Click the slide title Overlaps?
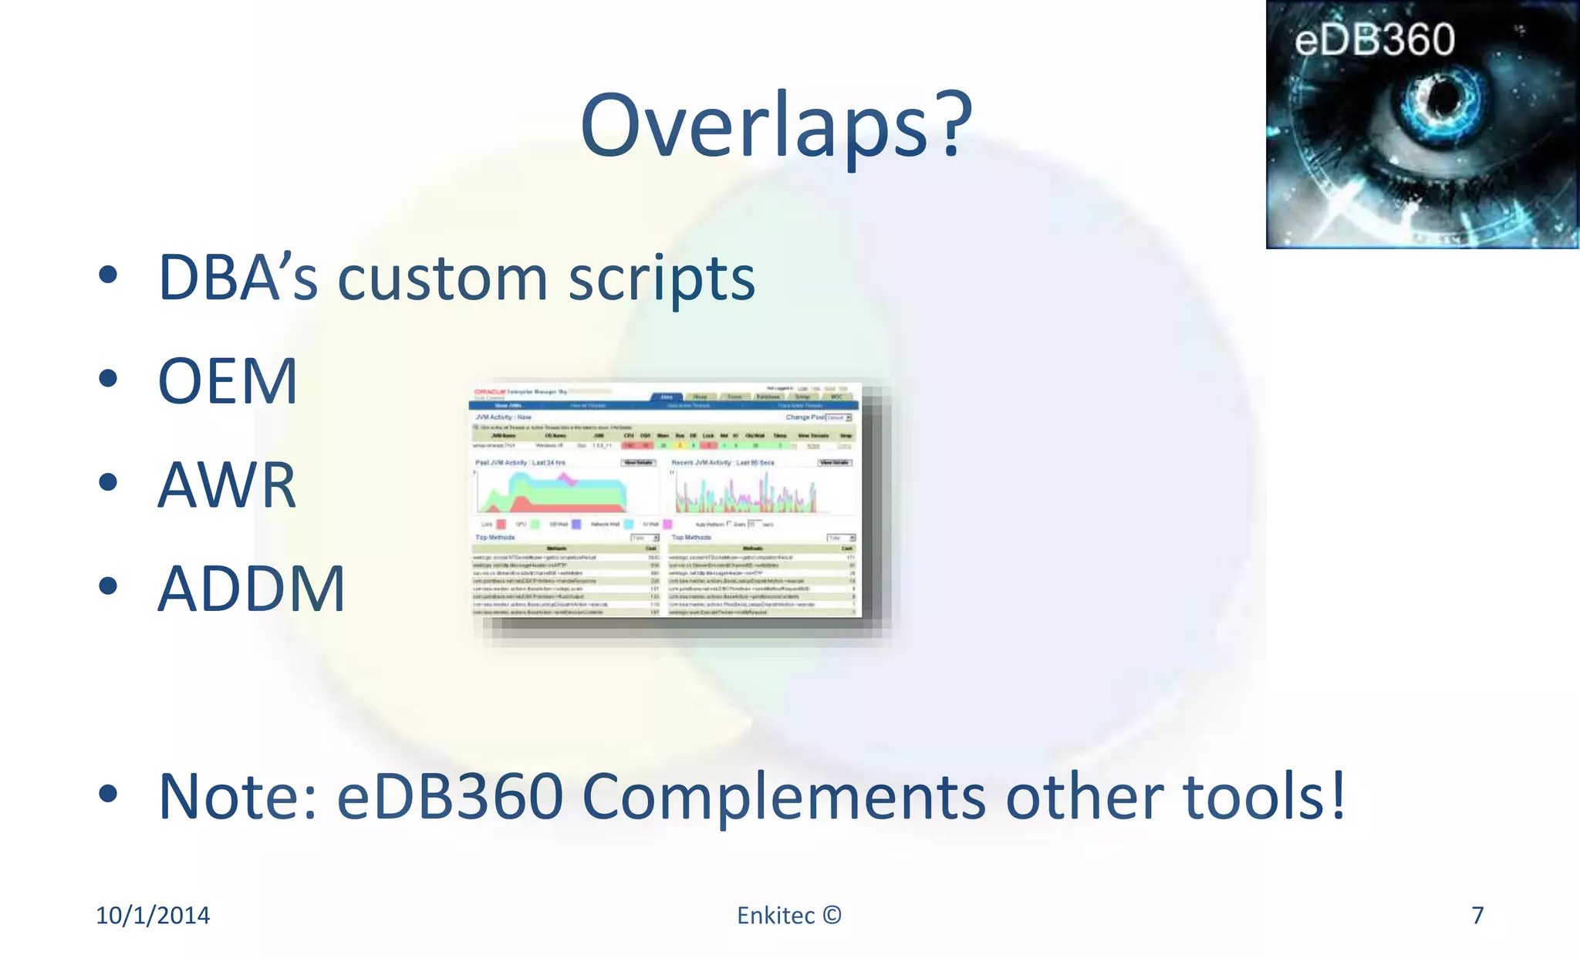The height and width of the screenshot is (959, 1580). [x=775, y=125]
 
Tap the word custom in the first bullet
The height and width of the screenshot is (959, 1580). [x=442, y=279]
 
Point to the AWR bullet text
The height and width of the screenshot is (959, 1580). [x=227, y=485]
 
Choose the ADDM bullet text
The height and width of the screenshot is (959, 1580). [x=252, y=589]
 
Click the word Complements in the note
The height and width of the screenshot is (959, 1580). [x=783, y=798]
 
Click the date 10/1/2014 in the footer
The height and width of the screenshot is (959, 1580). [x=153, y=915]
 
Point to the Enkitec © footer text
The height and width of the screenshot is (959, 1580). [x=788, y=915]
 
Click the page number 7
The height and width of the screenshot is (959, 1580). [x=1477, y=915]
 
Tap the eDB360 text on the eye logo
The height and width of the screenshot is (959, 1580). [x=1374, y=40]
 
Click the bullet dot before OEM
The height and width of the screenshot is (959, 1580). [x=108, y=379]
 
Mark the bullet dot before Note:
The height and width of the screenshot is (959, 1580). [x=108, y=794]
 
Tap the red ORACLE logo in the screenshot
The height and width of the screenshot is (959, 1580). [x=489, y=392]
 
